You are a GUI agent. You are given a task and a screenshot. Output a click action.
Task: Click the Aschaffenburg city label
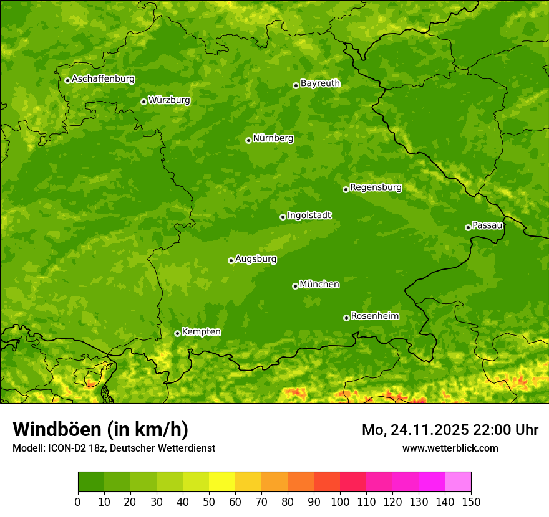[103, 79]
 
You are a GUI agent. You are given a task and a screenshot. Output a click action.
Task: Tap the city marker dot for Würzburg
[143, 102]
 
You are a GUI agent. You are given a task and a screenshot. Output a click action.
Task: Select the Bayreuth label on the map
[320, 83]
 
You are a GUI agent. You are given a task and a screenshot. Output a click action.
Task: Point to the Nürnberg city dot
[248, 140]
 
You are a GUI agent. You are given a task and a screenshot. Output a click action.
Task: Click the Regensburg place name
[376, 187]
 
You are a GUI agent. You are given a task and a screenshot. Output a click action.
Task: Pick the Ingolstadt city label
[309, 216]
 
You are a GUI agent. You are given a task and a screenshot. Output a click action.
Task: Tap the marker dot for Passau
[468, 227]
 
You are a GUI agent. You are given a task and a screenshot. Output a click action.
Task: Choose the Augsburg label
[256, 259]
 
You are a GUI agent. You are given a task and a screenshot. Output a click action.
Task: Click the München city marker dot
[295, 286]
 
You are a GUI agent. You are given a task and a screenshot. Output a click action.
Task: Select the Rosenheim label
[374, 316]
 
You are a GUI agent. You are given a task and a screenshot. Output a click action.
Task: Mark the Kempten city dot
[177, 333]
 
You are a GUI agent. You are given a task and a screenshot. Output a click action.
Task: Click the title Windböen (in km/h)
[100, 429]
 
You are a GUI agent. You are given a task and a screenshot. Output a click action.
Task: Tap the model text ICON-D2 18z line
[114, 448]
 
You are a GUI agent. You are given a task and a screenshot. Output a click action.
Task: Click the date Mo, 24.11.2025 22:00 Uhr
[450, 430]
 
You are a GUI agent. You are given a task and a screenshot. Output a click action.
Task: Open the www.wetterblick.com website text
[450, 448]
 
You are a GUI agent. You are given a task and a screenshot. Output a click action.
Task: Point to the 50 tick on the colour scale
[209, 501]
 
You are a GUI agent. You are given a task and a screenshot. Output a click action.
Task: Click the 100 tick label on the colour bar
[340, 501]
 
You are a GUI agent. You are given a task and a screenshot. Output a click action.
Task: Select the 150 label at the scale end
[471, 501]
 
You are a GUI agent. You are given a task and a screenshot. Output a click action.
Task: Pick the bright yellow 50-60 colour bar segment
[222, 482]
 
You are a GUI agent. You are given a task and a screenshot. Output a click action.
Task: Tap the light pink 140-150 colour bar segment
[458, 482]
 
